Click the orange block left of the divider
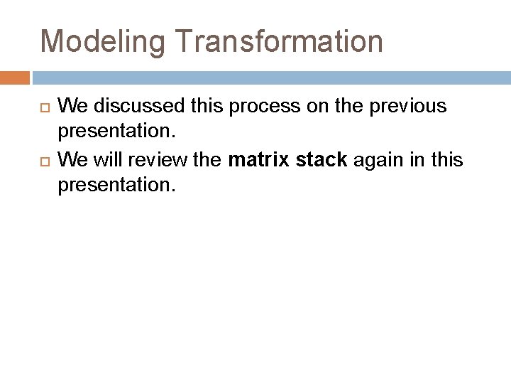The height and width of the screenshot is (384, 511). click(15, 78)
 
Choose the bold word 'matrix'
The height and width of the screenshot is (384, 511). click(258, 160)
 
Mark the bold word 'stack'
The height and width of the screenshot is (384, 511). click(321, 160)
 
